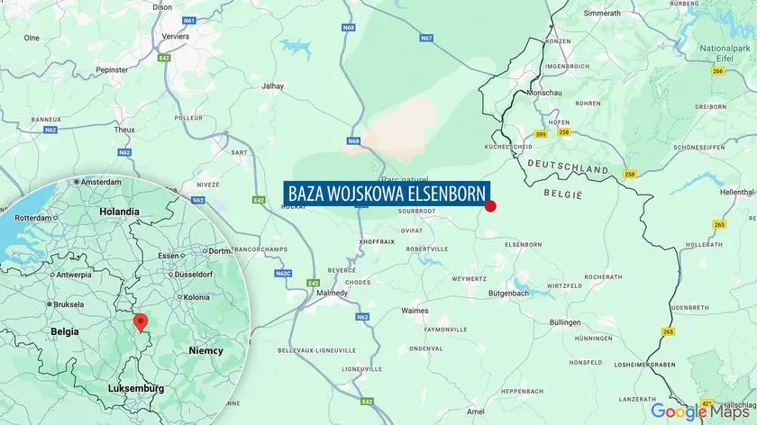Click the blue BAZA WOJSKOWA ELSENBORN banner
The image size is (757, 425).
(387, 194)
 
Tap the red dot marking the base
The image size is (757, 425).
(491, 206)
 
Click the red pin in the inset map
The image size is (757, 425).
(140, 323)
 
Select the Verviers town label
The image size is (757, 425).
(176, 36)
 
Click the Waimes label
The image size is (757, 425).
(415, 311)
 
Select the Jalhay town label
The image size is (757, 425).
(271, 86)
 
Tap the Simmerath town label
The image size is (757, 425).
(602, 14)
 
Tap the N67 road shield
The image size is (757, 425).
(426, 38)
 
